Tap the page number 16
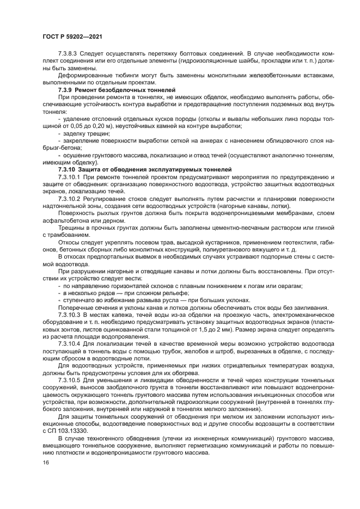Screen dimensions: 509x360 click(45, 462)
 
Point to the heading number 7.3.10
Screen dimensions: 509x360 click(68, 169)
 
